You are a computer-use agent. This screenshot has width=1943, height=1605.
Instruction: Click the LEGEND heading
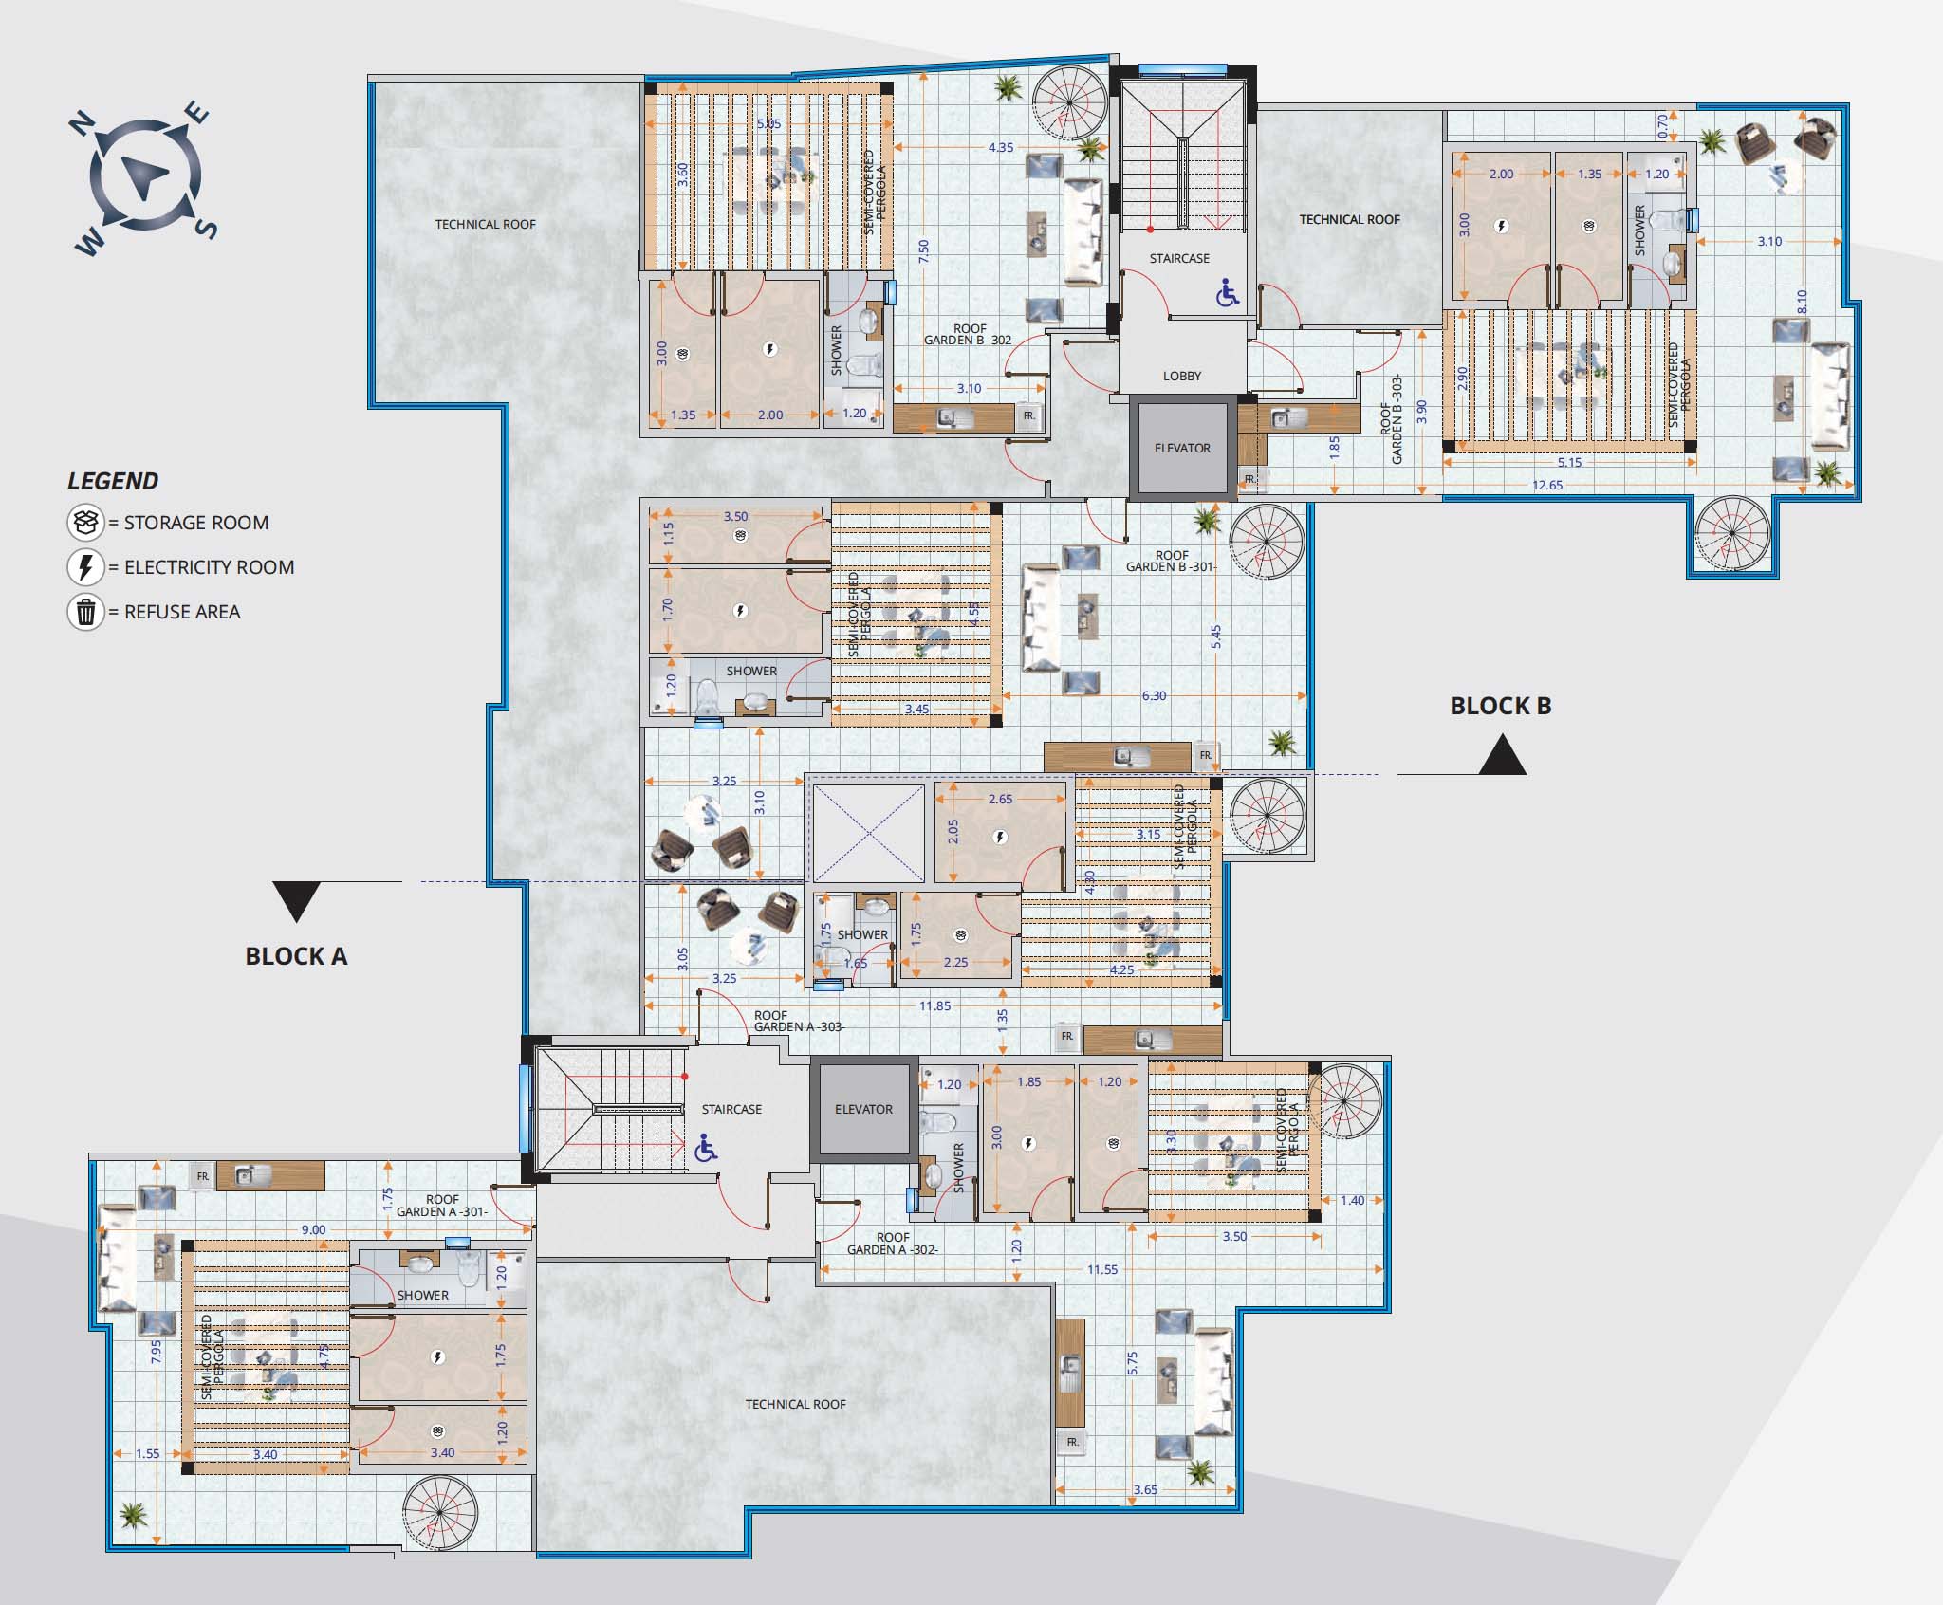pos(113,481)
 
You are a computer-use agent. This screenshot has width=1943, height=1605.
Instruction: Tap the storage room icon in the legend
pos(85,523)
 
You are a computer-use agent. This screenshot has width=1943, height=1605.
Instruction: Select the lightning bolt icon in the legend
pos(85,567)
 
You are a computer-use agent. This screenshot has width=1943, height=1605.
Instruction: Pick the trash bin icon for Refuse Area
pos(85,612)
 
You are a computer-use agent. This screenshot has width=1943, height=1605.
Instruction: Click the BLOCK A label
pos(297,956)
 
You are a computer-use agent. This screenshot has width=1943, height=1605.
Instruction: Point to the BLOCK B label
pos(1501,706)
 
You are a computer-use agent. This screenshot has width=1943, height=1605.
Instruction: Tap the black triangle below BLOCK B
pos(1503,756)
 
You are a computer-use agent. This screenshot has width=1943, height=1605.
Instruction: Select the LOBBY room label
pos(1182,377)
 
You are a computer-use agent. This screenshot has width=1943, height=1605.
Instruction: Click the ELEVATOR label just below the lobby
pos(1182,448)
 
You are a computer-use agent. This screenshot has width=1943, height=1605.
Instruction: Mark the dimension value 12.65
pos(1547,486)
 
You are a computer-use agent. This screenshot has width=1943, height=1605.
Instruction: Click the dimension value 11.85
pos(934,1006)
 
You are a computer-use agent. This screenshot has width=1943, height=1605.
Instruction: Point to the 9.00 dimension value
pos(313,1230)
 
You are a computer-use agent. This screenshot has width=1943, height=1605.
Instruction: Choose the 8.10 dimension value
pos(1803,302)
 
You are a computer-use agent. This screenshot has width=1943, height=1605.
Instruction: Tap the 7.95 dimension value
pos(156,1351)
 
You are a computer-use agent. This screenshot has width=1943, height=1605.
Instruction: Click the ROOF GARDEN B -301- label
pos(1172,562)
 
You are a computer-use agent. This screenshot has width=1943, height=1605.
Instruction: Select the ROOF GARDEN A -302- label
pos(893,1244)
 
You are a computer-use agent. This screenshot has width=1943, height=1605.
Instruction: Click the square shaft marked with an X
pos(868,832)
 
